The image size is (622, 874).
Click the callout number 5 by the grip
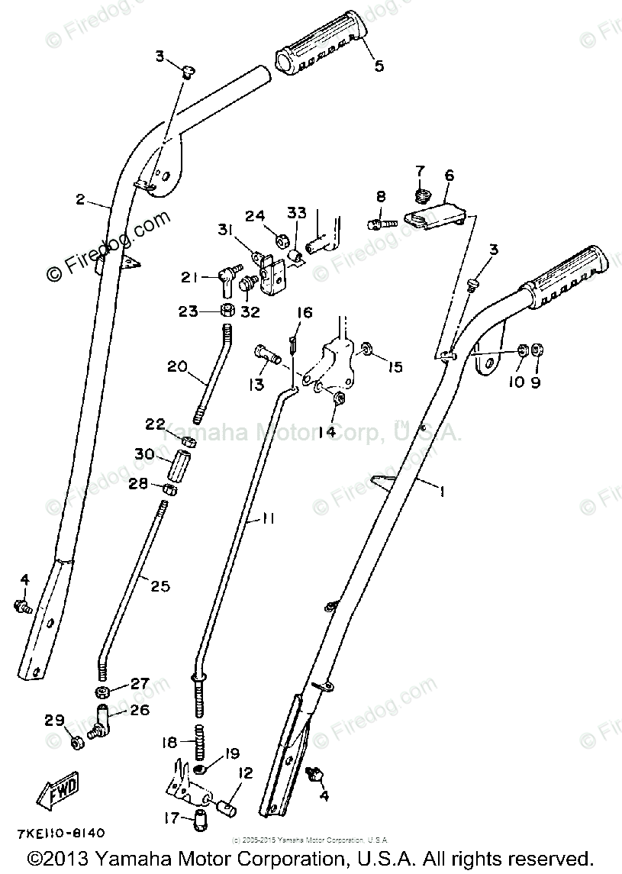point(379,66)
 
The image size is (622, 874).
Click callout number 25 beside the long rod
point(161,586)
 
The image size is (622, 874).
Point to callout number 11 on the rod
point(268,518)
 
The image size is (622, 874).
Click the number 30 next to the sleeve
point(143,453)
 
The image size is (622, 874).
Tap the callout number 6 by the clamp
point(449,176)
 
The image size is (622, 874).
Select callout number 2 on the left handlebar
point(80,200)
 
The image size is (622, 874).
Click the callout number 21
point(190,277)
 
